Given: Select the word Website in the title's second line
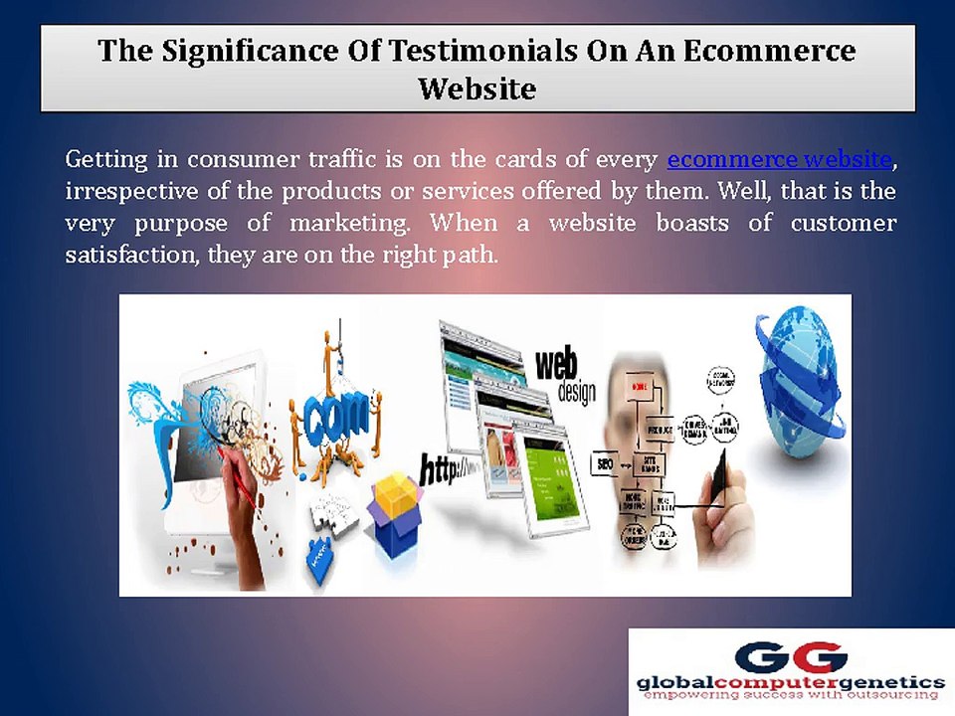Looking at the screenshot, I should pyautogui.click(x=477, y=89).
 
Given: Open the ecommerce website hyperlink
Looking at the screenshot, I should pyautogui.click(x=779, y=159).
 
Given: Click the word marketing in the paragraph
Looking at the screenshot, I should pyautogui.click(x=358, y=223).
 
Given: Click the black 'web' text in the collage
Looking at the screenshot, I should pyautogui.click(x=557, y=364).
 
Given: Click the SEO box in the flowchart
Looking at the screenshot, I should pyautogui.click(x=603, y=463).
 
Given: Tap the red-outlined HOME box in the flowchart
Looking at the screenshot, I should pyautogui.click(x=640, y=385).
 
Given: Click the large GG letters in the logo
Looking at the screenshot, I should pyautogui.click(x=792, y=657).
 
